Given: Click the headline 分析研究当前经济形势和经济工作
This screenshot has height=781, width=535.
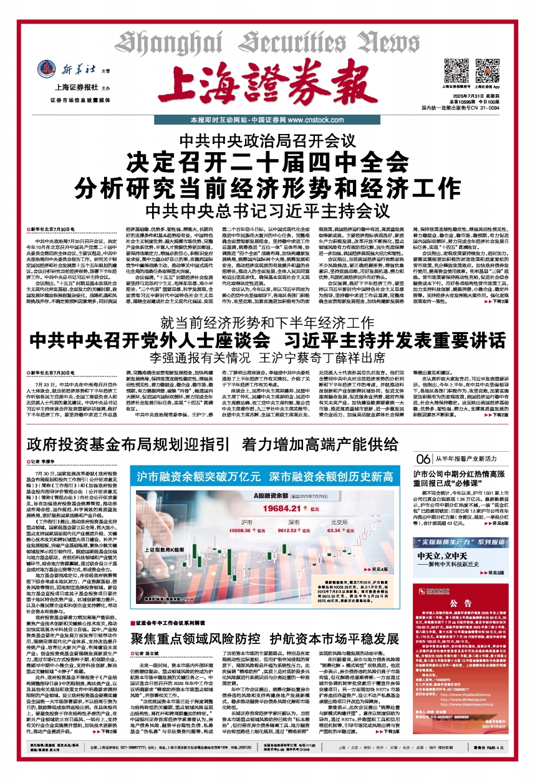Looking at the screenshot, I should [x=267, y=186].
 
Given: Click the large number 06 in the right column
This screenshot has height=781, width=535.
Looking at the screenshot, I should [x=422, y=459].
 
